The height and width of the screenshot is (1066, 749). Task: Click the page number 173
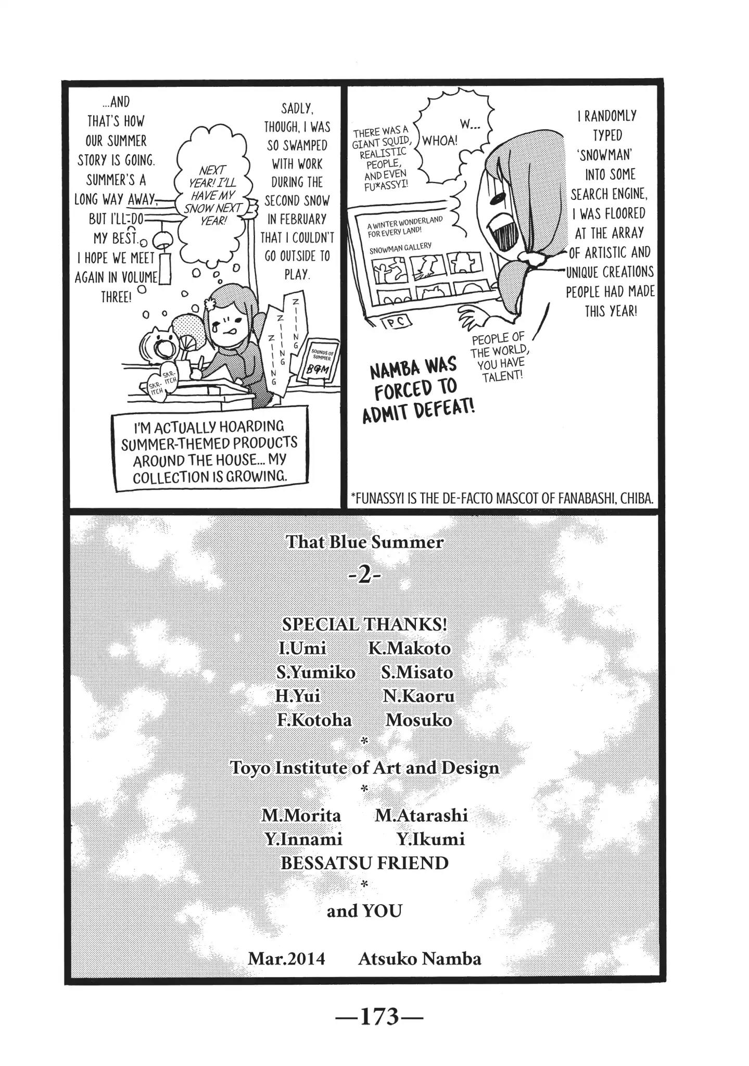tap(374, 1016)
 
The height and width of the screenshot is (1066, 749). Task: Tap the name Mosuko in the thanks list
tap(418, 720)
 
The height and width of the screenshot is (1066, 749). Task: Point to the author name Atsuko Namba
tap(419, 958)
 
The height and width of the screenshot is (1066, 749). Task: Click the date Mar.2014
tap(286, 958)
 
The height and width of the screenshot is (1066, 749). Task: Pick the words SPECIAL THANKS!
tap(364, 624)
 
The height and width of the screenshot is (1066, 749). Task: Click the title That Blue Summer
tap(364, 542)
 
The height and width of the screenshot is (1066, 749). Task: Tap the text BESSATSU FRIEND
tap(364, 863)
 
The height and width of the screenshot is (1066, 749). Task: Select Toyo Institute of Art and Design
tap(364, 768)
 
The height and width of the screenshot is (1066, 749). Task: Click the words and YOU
tap(364, 911)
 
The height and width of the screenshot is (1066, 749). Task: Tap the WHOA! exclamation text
tap(440, 141)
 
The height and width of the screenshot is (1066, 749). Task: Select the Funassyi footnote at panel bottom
tap(502, 498)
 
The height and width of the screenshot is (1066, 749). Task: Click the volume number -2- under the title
tap(364, 578)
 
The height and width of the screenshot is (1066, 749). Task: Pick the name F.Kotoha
tap(314, 720)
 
